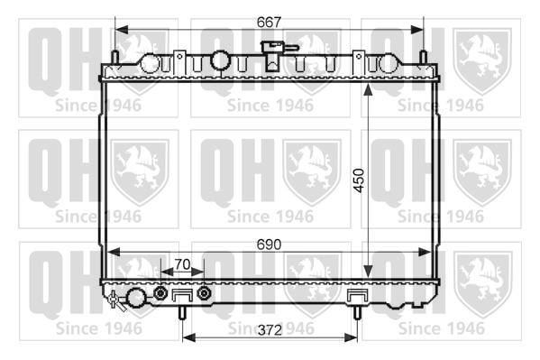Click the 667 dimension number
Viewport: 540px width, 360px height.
coord(269,23)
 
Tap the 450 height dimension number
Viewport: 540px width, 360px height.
coord(359,180)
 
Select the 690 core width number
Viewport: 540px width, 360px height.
coord(269,245)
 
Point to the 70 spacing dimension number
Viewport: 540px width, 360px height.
coord(182,264)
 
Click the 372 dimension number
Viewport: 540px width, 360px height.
coord(270,330)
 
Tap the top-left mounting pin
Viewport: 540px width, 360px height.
coord(115,58)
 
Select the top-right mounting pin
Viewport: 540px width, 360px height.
coord(423,58)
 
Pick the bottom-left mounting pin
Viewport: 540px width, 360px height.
coord(182,312)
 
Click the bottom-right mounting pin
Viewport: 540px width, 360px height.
coord(357,312)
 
